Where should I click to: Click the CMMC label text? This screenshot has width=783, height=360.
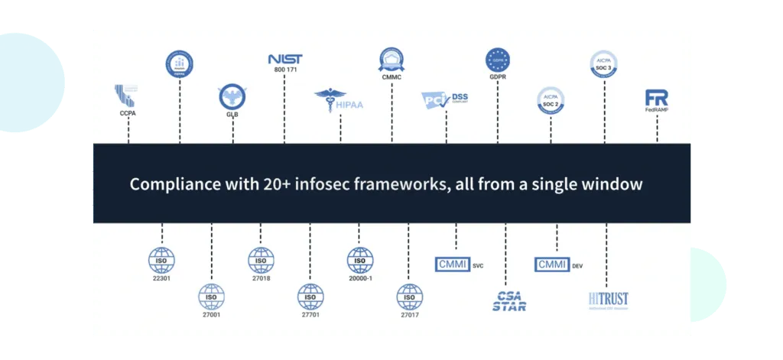[x=391, y=77]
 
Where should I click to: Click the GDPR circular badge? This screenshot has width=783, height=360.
[x=498, y=60]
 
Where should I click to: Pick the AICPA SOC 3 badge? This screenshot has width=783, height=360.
[x=604, y=62]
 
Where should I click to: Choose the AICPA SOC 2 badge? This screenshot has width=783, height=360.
[x=551, y=101]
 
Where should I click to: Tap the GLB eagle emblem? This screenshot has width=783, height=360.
[x=232, y=97]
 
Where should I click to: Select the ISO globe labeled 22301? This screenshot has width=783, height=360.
[x=161, y=261]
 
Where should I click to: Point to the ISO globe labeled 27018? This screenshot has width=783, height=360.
[x=261, y=261]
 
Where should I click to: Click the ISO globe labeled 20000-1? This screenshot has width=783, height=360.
[x=360, y=261]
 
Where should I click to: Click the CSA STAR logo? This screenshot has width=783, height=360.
[x=508, y=300]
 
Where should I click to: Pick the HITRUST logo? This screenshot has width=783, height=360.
[x=609, y=299]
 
